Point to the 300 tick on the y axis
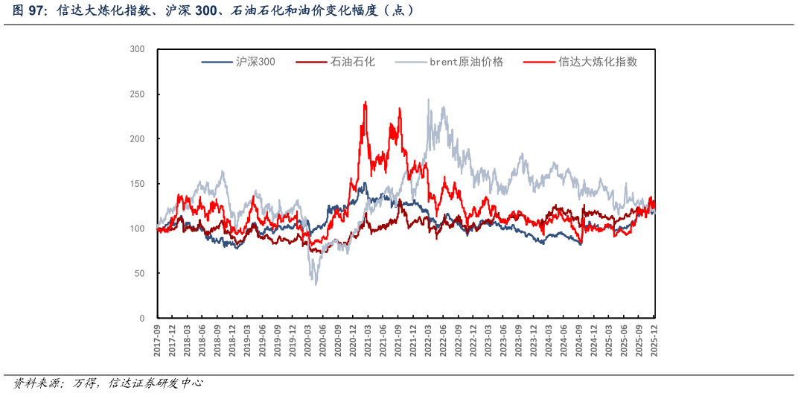coord(137,49)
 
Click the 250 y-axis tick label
coord(137,95)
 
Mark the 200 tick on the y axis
coord(137,139)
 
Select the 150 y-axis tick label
coord(137,184)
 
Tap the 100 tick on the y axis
coord(137,229)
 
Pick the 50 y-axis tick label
coord(139,273)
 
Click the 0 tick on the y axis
coord(141,318)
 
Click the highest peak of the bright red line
coord(365,102)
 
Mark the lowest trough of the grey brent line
coord(316,284)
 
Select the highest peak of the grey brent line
coord(428,99)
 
